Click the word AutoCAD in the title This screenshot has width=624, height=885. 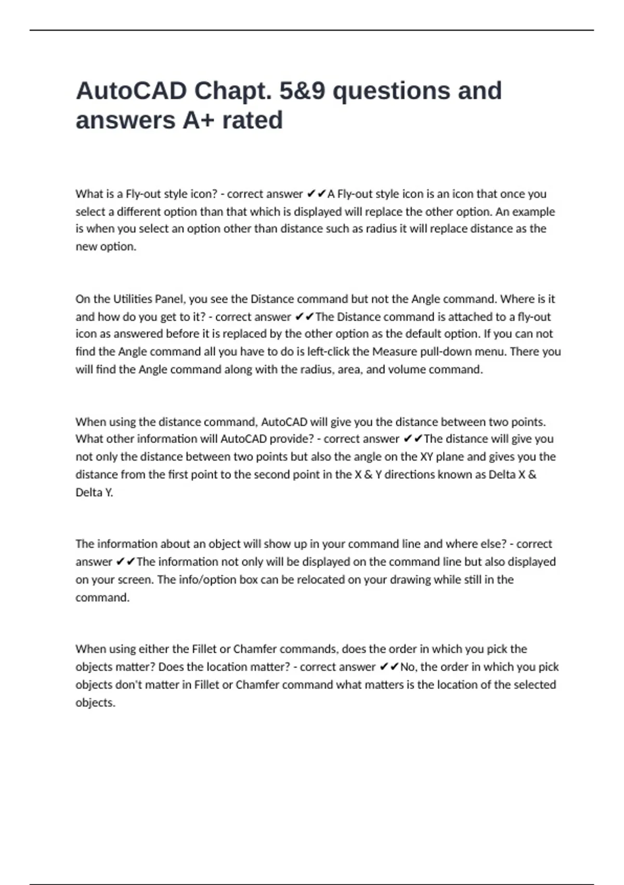[x=132, y=91]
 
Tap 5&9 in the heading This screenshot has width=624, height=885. [x=302, y=91]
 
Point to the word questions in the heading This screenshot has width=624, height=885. [x=392, y=91]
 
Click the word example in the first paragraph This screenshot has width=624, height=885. [x=534, y=212]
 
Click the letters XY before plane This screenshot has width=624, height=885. [x=426, y=457]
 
